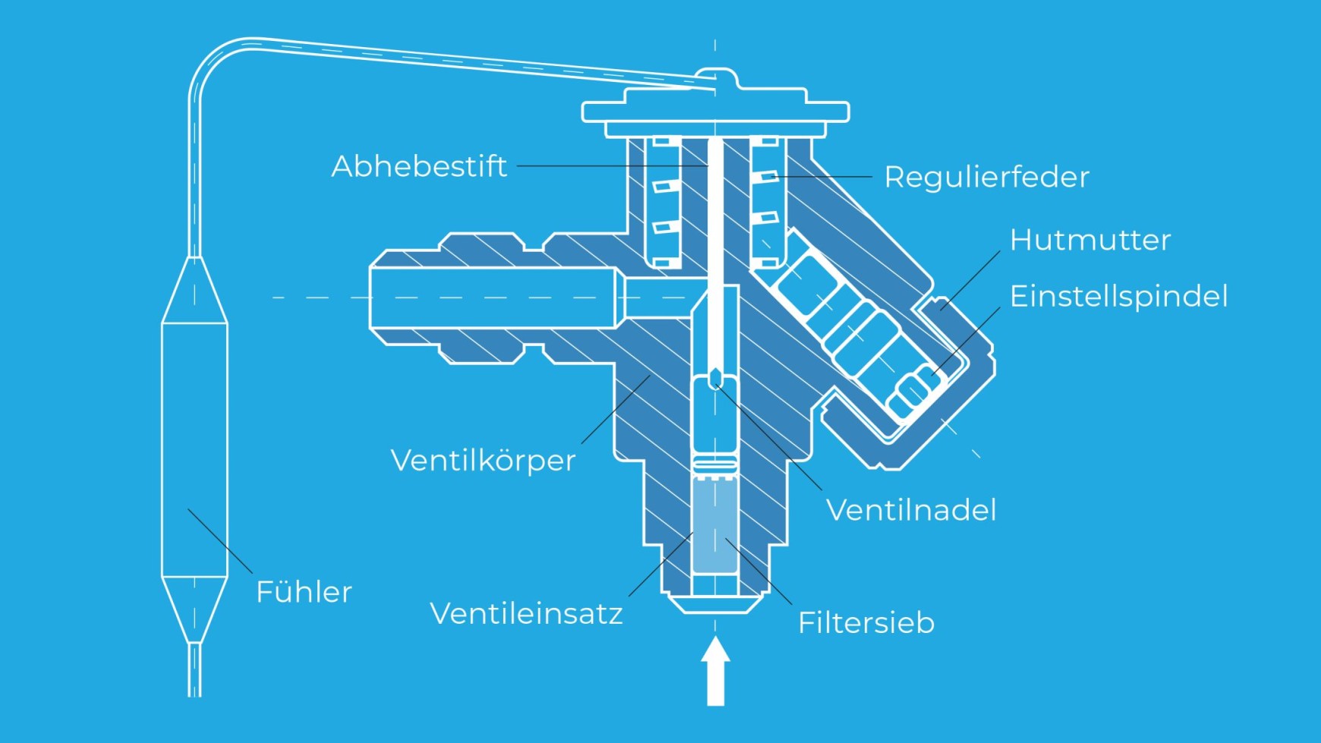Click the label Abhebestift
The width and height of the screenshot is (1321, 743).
419,166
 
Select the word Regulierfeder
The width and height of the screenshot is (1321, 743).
986,177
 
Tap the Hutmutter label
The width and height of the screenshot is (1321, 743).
1089,240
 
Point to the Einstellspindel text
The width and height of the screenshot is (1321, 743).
1118,296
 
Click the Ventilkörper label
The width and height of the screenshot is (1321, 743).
483,460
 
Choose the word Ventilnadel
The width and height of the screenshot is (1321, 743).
910,510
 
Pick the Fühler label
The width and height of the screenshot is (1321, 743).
304,592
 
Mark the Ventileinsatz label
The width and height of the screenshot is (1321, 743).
526,613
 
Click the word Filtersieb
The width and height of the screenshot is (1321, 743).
865,623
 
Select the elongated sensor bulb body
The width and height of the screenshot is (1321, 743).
194,448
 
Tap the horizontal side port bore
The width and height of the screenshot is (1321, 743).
493,298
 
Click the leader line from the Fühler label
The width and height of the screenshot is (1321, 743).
220,541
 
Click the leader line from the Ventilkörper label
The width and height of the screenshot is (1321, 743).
615,410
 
